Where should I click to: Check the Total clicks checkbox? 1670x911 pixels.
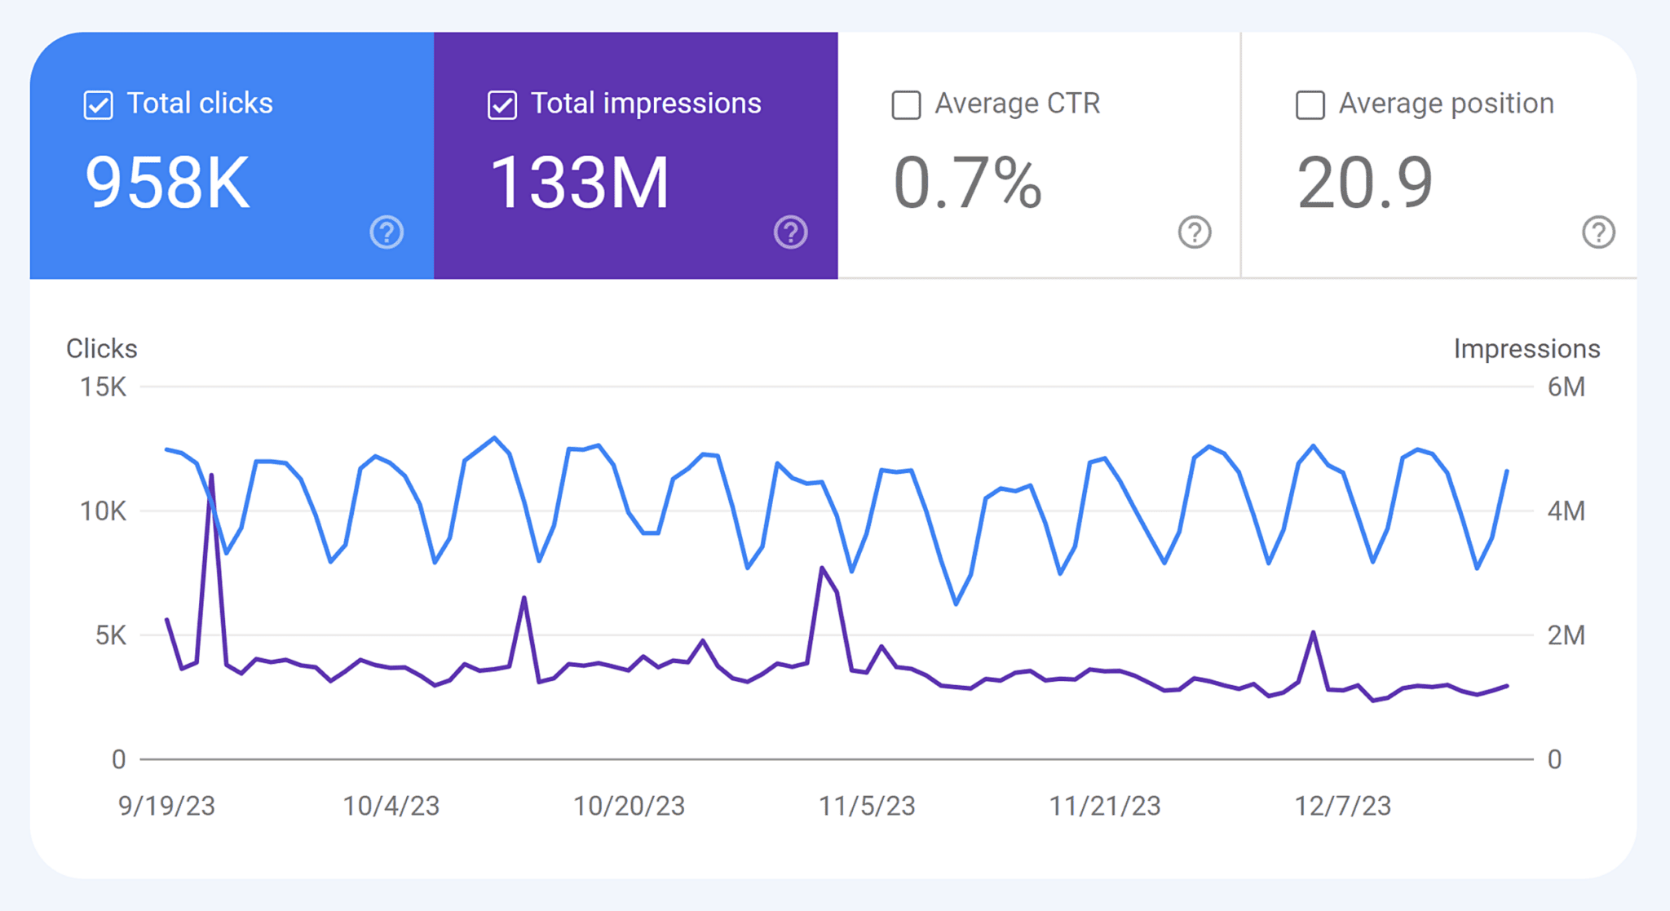[99, 105]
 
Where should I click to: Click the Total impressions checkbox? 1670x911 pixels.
[502, 105]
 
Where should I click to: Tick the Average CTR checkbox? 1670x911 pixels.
[906, 105]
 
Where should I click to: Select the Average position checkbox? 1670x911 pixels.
[1310, 105]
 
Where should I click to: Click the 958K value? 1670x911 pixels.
[167, 183]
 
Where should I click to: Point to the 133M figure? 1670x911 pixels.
[579, 183]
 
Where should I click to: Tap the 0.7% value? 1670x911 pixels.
[967, 183]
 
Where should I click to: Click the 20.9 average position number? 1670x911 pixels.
[1364, 183]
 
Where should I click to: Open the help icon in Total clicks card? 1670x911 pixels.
[387, 232]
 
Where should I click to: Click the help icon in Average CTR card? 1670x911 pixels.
[1195, 232]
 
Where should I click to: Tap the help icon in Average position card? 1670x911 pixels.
[1598, 232]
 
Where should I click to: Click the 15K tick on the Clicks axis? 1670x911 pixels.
[103, 387]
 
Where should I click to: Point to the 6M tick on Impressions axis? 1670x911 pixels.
[1566, 387]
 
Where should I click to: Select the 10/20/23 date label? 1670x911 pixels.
[629, 806]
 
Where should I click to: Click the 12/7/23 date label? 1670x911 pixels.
[1342, 806]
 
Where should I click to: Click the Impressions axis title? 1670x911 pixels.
[1526, 349]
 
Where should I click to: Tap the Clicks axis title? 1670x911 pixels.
[101, 349]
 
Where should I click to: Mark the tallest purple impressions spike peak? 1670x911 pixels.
[212, 475]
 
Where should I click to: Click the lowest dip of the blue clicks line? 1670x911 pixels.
[956, 604]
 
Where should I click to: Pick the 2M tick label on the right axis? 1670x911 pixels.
[1566, 635]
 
